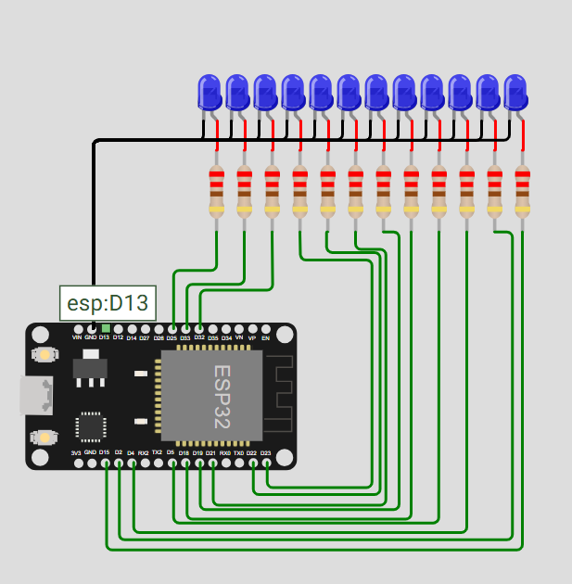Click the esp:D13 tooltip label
(107, 302)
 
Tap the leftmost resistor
(217, 192)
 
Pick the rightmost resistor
(522, 192)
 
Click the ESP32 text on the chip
(222, 396)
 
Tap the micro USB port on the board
(36, 396)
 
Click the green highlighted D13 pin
(105, 328)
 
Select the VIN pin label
(77, 338)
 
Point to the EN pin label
(265, 338)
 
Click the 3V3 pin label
(77, 453)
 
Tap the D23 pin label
(265, 453)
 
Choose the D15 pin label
(105, 453)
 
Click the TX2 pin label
(157, 453)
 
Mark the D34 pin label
(226, 338)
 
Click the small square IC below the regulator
(91, 425)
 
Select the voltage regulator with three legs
(90, 367)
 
